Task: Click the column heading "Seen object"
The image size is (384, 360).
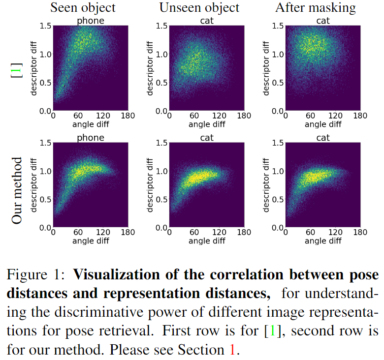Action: tap(84, 7)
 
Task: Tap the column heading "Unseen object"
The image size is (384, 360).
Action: tap(199, 7)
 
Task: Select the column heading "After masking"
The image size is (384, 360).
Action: tap(316, 7)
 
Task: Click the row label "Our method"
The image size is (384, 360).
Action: tap(17, 190)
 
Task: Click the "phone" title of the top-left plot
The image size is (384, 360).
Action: tap(90, 21)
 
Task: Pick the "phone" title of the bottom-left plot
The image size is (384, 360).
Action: tap(90, 138)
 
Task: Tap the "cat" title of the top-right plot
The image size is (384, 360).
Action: tap(323, 21)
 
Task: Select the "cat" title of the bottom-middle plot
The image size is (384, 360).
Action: tap(207, 138)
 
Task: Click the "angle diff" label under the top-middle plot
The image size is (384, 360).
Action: tap(207, 124)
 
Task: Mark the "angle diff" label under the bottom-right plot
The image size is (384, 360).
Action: tap(323, 241)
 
